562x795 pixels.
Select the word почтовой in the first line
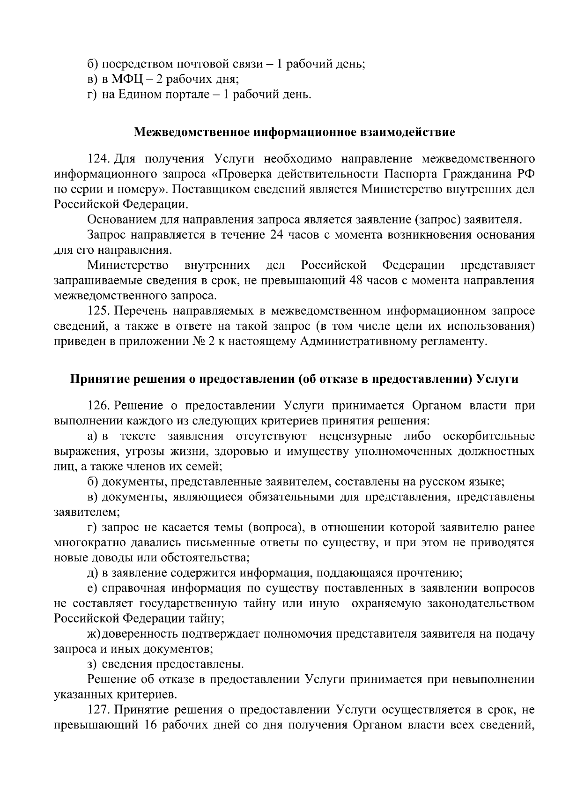(196, 64)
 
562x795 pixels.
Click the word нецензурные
(355, 436)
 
